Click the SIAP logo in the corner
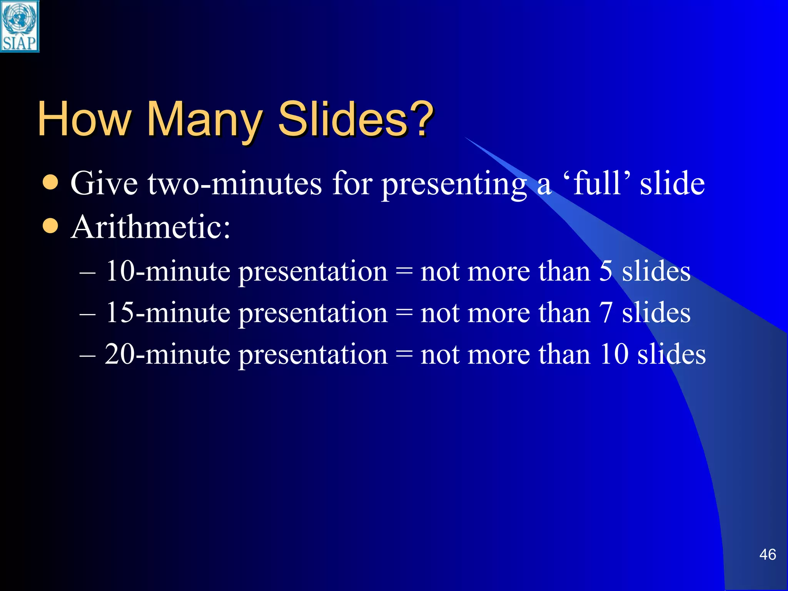[x=20, y=26]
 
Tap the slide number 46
[x=767, y=554]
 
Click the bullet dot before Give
[x=50, y=183]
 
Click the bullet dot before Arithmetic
[x=50, y=226]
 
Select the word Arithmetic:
[x=150, y=227]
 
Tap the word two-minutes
[x=235, y=184]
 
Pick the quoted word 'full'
[x=597, y=183]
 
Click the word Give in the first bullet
[x=104, y=184]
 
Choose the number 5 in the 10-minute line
[x=606, y=271]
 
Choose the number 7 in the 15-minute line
[x=606, y=312]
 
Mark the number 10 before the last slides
[x=614, y=354]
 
